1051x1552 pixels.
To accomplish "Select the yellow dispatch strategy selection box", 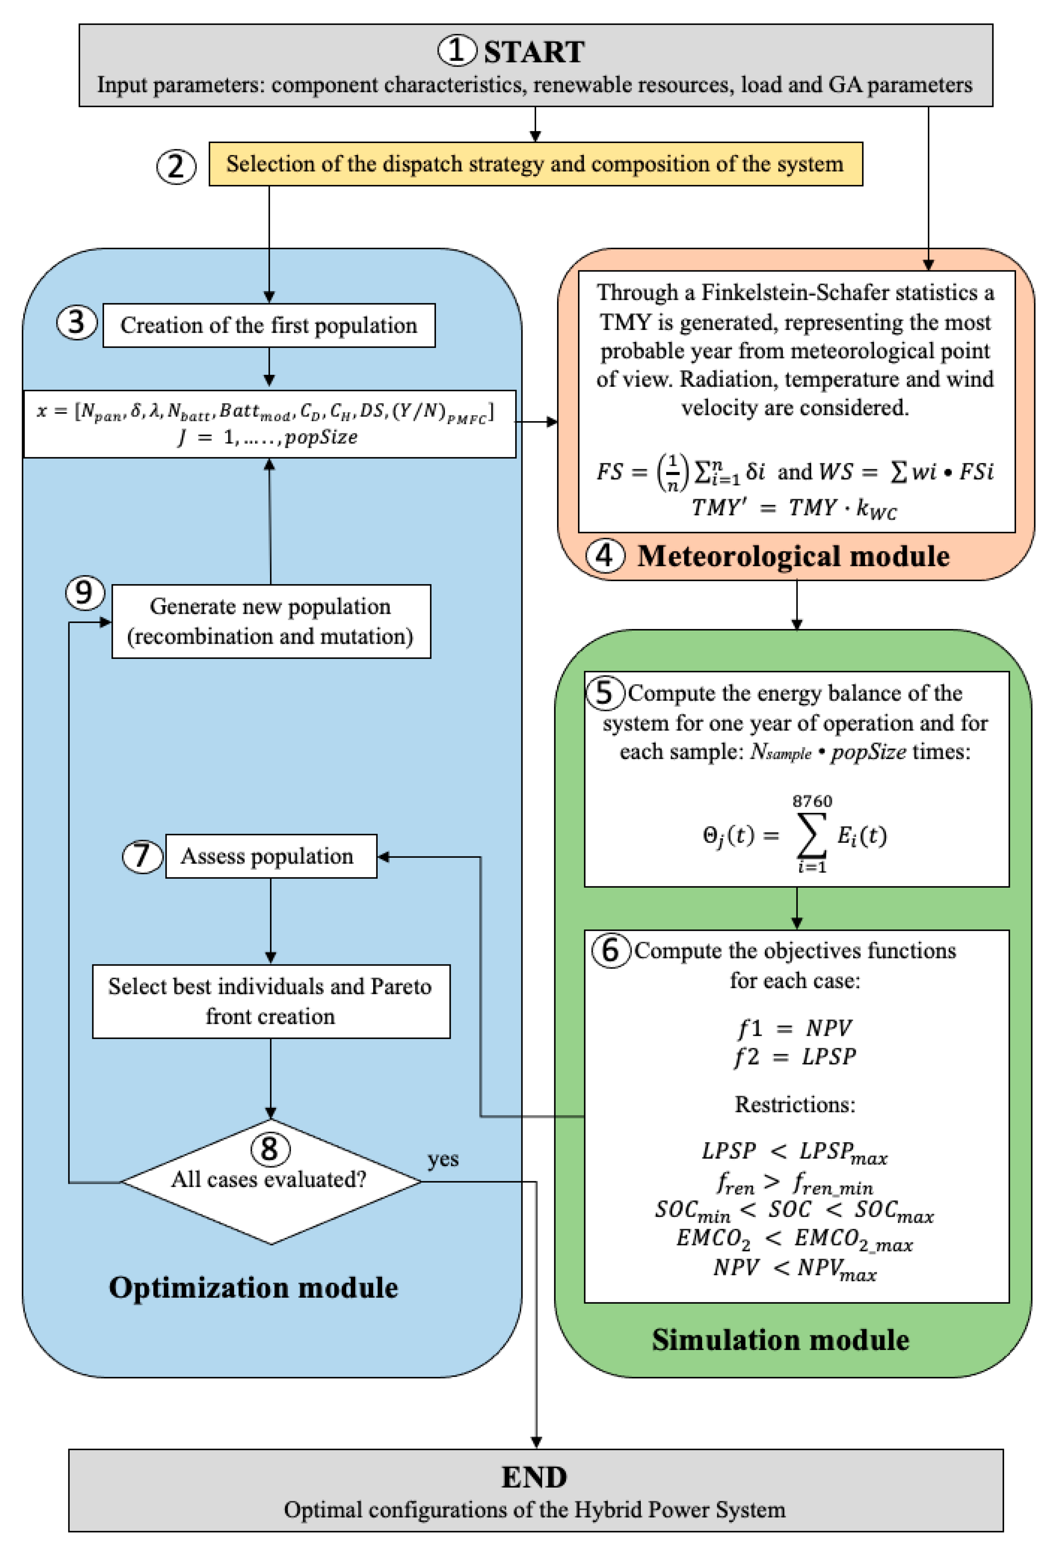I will pyautogui.click(x=535, y=164).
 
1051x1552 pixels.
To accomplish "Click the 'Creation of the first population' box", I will pyautogui.click(x=269, y=325).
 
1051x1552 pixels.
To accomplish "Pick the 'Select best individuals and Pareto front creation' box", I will pyautogui.click(x=270, y=1001).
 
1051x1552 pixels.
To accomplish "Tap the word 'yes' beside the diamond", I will pyautogui.click(x=443, y=1159).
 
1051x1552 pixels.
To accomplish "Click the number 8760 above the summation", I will pyautogui.click(x=812, y=801).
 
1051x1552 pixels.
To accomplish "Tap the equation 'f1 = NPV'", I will pyautogui.click(x=794, y=1028).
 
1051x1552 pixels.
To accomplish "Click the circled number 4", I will pyautogui.click(x=605, y=555).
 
